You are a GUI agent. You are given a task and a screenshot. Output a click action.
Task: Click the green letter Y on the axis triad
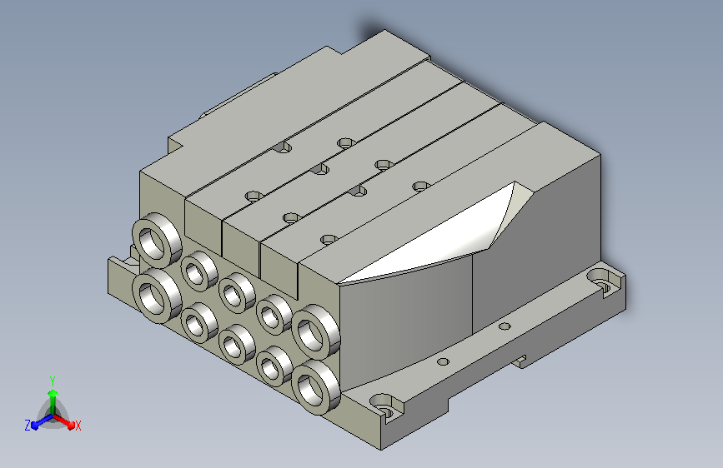click(x=53, y=381)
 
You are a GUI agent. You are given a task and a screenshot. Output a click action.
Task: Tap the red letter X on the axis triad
click(x=78, y=426)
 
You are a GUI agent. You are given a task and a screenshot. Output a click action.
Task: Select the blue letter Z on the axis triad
click(x=28, y=426)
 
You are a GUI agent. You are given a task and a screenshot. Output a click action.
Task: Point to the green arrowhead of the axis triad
click(x=53, y=393)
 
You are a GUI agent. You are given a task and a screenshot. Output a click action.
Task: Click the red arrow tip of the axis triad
click(x=71, y=425)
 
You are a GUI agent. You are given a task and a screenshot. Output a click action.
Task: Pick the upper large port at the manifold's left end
click(x=157, y=240)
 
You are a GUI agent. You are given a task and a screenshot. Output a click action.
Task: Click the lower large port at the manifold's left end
click(x=157, y=296)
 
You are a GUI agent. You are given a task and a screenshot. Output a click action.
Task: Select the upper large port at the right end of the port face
click(x=316, y=331)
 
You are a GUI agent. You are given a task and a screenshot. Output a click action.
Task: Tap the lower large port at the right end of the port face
click(x=316, y=387)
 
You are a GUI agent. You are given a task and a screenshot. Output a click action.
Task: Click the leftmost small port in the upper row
click(x=199, y=271)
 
